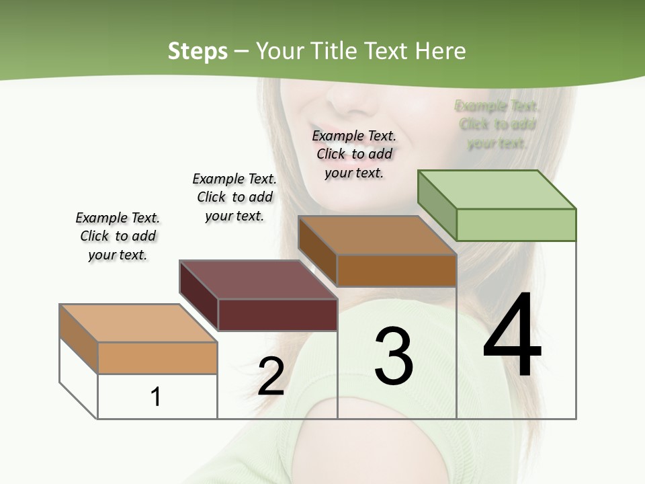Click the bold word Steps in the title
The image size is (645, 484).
(x=198, y=51)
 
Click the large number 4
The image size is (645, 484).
(x=512, y=336)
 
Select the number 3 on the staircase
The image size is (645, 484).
(x=393, y=356)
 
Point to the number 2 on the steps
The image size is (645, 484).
(x=271, y=376)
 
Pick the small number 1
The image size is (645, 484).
(x=156, y=397)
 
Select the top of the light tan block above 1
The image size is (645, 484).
(x=138, y=323)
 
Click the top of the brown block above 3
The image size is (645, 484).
(x=376, y=235)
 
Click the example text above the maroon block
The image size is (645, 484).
(x=234, y=197)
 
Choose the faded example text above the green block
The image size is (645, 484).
(x=497, y=124)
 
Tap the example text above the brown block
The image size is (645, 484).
(x=354, y=154)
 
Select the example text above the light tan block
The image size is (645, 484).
(x=118, y=236)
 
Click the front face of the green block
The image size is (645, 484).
(x=516, y=225)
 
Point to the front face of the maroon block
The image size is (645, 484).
(x=277, y=315)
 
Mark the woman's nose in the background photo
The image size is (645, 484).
(x=350, y=98)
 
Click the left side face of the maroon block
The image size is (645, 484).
(x=199, y=296)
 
